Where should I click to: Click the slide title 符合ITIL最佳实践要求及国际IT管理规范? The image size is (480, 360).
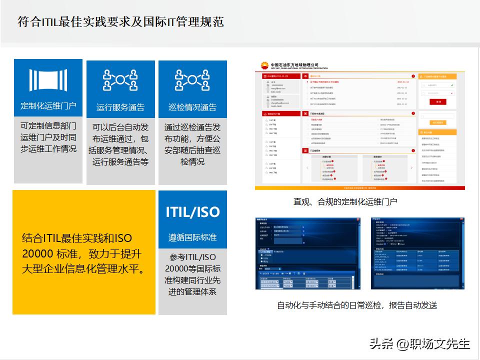(120, 22)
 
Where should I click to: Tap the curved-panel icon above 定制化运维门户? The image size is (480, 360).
(48, 80)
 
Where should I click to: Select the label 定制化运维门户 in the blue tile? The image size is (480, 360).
(48, 105)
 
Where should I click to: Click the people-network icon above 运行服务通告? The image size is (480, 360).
(120, 80)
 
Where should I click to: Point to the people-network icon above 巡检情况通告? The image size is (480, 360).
(192, 80)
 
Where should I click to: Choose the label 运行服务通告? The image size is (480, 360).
(120, 107)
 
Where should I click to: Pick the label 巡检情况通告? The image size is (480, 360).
(192, 107)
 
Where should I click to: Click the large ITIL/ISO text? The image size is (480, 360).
(192, 211)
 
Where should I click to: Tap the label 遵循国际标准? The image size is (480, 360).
(192, 237)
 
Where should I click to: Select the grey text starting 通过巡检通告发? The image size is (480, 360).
(192, 144)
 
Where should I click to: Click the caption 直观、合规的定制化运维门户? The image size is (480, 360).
(345, 201)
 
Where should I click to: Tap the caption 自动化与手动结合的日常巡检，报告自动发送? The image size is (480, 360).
(357, 304)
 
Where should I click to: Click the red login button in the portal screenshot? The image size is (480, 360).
(438, 101)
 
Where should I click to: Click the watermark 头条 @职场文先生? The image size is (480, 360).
(419, 343)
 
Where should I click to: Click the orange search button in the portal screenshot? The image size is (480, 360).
(438, 122)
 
